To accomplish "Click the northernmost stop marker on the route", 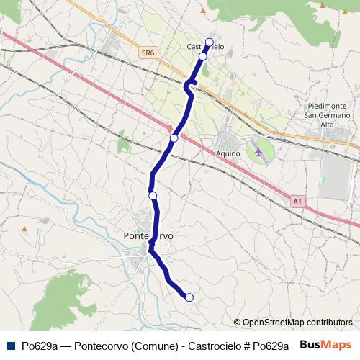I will pyautogui.click(x=210, y=42).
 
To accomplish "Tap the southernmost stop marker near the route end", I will pyautogui.click(x=189, y=297).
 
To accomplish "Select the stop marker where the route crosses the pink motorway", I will pyautogui.click(x=174, y=138).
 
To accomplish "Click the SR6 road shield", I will pyautogui.click(x=148, y=53).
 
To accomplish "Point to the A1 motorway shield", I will pyautogui.click(x=297, y=202).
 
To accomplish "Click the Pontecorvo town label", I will pyautogui.click(x=148, y=235).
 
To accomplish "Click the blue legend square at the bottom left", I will pyautogui.click(x=9, y=345).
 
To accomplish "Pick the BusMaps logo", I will pyautogui.click(x=326, y=345).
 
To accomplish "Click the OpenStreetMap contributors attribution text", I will pyautogui.click(x=293, y=323).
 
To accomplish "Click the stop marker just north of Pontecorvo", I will pyautogui.click(x=153, y=195).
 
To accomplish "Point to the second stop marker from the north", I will pyautogui.click(x=203, y=55).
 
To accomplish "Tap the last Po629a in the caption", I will pyautogui.click(x=270, y=346).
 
